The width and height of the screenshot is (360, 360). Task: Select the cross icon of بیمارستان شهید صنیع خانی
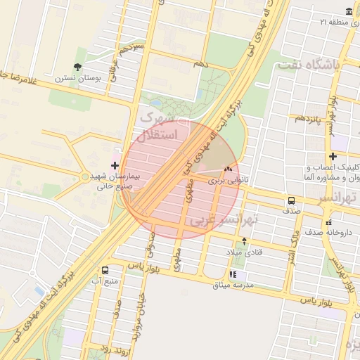click(x=115, y=165)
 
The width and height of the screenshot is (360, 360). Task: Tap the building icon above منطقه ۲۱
click(x=349, y=11)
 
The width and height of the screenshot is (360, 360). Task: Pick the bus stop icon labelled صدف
click(x=291, y=200)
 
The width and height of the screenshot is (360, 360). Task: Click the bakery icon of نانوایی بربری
click(x=227, y=169)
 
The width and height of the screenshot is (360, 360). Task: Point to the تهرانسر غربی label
click(x=224, y=221)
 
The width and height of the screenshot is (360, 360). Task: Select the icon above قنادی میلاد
click(x=243, y=240)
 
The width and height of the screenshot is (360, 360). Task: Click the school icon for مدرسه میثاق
click(x=233, y=274)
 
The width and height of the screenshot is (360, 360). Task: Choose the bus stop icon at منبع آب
click(x=105, y=270)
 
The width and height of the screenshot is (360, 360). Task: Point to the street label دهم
click(x=202, y=64)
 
